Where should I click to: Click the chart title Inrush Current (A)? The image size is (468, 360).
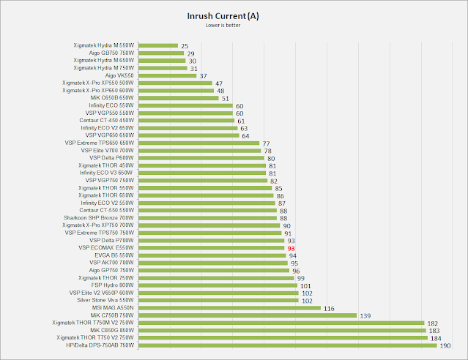click(x=234, y=15)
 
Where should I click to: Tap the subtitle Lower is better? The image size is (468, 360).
click(x=234, y=26)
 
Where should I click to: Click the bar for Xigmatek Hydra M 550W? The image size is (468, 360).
click(x=157, y=45)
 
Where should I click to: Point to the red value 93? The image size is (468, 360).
click(x=290, y=248)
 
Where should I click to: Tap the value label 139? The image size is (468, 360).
click(x=365, y=315)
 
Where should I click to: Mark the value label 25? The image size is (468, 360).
click(x=184, y=45)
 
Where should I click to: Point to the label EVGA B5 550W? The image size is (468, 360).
click(x=111, y=255)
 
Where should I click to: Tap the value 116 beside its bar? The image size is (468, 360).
click(x=329, y=308)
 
